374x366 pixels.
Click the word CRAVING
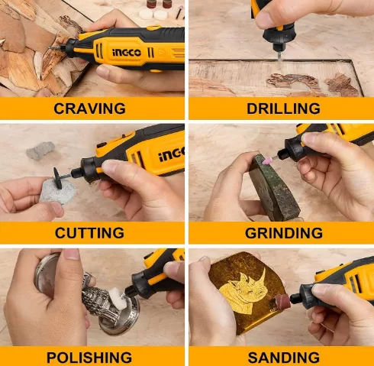[x=89, y=109]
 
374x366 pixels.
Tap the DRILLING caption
[x=283, y=109]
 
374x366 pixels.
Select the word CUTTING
[x=89, y=233]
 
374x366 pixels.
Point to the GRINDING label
[x=284, y=233]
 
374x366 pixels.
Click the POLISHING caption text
[x=89, y=358]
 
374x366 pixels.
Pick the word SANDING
[x=284, y=358]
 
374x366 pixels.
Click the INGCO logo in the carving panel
[x=127, y=53]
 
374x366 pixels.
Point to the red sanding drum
[x=282, y=300]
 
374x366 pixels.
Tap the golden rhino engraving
[x=243, y=289]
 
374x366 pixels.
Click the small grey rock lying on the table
[x=40, y=151]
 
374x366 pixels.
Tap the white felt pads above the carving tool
[x=153, y=15]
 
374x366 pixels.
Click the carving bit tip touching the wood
[x=51, y=48]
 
